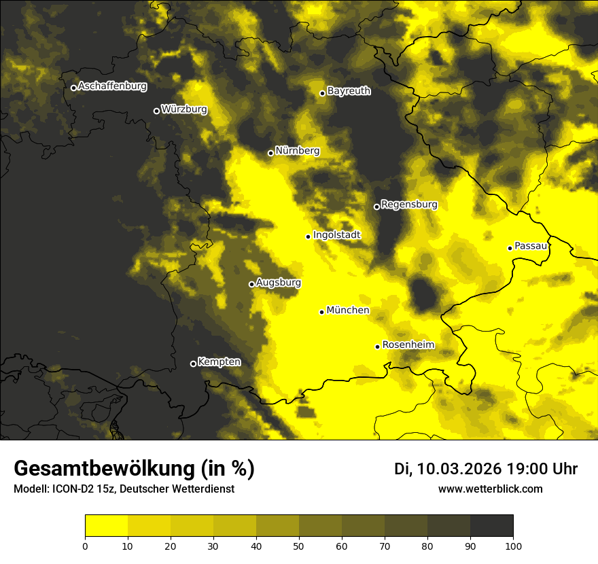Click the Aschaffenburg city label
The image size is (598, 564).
tap(112, 86)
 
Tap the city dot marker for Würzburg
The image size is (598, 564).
tap(156, 111)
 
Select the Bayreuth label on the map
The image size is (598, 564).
tap(349, 91)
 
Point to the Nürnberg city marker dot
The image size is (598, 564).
tap(270, 153)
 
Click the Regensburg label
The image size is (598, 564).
tap(409, 205)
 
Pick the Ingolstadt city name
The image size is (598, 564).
tap(336, 235)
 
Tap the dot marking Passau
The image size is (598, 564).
tap(510, 248)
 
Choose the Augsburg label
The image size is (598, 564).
tap(278, 283)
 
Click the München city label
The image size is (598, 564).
tap(348, 311)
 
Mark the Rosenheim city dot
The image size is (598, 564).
tap(377, 347)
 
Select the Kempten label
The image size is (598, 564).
tap(219, 362)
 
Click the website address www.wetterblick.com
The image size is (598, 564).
tap(490, 489)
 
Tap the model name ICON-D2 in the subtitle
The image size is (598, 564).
tap(72, 489)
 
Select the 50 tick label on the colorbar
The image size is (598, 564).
tap(299, 545)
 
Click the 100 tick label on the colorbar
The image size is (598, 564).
tap(512, 545)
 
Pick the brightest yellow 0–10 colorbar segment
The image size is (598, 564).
tap(106, 526)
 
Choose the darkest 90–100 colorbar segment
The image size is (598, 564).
tap(491, 526)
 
